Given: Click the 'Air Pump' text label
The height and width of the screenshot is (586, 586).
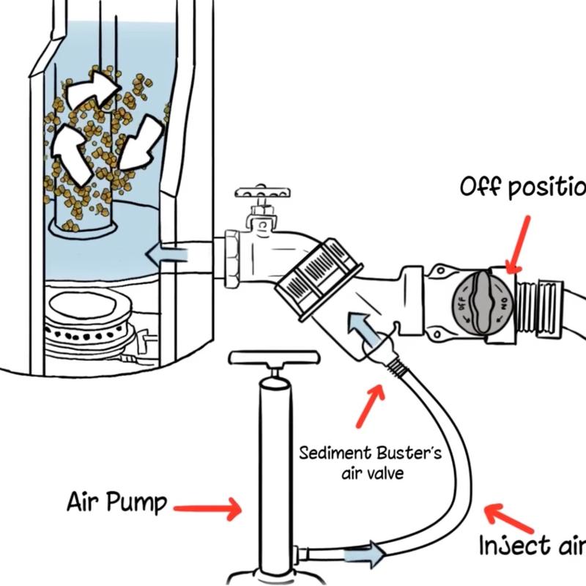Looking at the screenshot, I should [117, 503].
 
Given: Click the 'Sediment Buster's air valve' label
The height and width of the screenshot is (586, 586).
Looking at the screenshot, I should [370, 462].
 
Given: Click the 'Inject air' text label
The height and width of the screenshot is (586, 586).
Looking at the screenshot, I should [531, 546].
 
